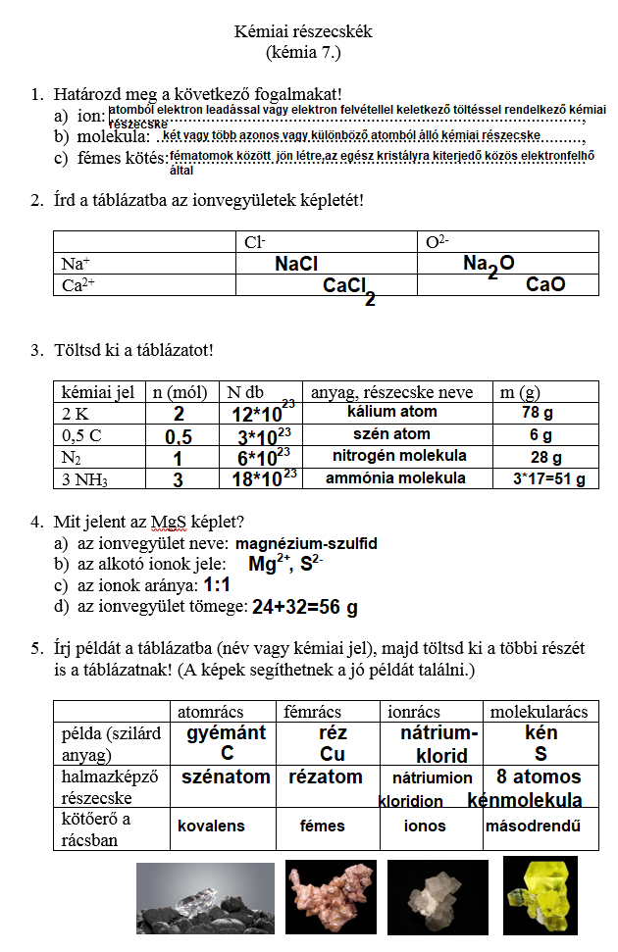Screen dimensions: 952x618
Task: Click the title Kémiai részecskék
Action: [303, 31]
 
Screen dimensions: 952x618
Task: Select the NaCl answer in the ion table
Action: [296, 264]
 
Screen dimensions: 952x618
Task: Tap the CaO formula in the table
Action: [546, 285]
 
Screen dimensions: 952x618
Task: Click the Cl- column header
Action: [255, 241]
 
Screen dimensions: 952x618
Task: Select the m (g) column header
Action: [520, 392]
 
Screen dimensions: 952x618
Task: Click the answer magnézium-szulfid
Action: [306, 542]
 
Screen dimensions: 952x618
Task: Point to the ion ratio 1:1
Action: [217, 585]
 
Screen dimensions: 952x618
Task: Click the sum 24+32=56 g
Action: [304, 608]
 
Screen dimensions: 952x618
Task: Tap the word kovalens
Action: [211, 827]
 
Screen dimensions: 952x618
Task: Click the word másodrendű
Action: [533, 827]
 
